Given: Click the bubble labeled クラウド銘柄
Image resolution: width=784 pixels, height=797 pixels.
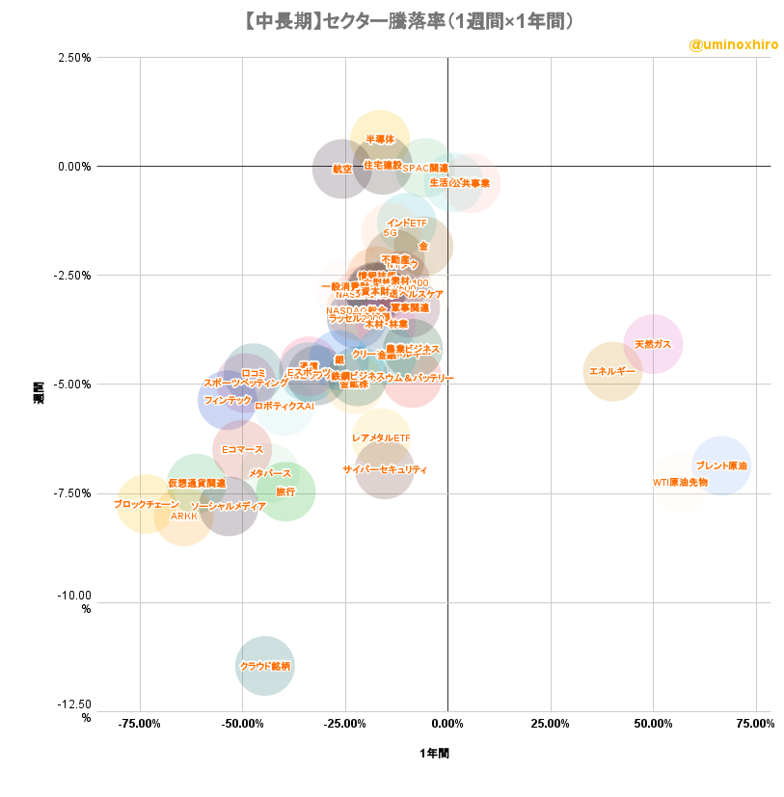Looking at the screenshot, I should point(264,666).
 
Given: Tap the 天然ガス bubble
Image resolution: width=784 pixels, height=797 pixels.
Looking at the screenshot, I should point(653,344).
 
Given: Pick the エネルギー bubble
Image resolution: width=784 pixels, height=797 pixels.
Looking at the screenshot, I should point(612,371).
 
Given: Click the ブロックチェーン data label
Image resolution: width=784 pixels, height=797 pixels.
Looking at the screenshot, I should point(146,504).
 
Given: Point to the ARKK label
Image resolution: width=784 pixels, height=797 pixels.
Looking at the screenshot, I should point(183,517).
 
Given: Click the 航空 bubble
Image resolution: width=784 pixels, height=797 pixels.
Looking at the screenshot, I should point(341,169).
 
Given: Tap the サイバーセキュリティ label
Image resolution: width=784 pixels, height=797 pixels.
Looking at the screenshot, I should point(385,470).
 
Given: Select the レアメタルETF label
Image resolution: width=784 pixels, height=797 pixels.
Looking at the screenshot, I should point(381,438).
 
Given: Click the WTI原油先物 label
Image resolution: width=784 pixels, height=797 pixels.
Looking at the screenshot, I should point(680,482).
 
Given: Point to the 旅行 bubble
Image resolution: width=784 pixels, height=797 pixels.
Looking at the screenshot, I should point(285,491).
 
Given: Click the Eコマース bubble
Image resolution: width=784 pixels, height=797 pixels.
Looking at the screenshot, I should point(242,450).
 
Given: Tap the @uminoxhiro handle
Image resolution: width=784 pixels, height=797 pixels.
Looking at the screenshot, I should point(734,45).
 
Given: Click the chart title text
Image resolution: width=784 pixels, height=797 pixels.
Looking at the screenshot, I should point(392,20).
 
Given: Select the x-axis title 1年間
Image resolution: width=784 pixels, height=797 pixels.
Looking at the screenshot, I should point(434,753).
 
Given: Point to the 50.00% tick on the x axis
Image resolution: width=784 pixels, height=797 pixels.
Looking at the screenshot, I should point(653,724).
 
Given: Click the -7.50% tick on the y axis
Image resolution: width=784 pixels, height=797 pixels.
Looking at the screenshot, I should point(73,493).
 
